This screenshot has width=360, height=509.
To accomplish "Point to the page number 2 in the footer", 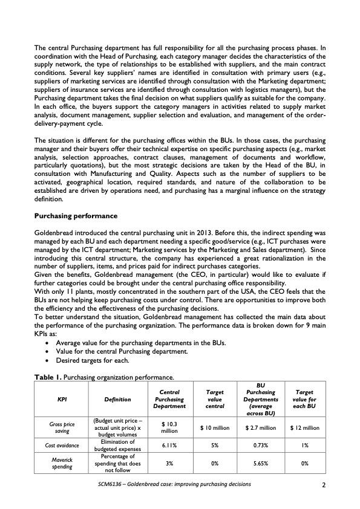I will pyautogui.click(x=324, y=485).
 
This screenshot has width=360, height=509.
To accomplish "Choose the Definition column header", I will pyautogui.click(x=114, y=400).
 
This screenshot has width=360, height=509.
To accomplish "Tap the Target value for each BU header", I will pyautogui.click(x=304, y=400).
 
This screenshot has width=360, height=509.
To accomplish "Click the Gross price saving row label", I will pyautogui.click(x=62, y=428).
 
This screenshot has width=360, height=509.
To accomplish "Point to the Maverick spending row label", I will pyautogui.click(x=62, y=463).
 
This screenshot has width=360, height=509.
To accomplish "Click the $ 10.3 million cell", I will pyautogui.click(x=169, y=428).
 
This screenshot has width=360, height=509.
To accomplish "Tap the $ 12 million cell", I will pyautogui.click(x=304, y=428).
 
